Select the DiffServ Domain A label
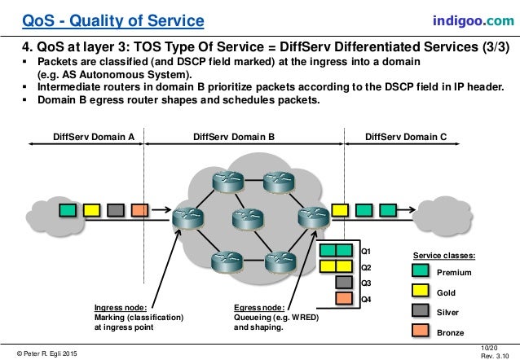coord(93,138)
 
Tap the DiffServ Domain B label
coord(234,138)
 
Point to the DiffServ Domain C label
coord(407,138)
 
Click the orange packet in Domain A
coord(140,210)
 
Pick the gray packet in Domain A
coord(117,210)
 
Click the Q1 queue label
coord(366,252)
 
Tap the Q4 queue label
coord(366,299)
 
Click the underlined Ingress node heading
coord(121,307)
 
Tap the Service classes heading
coord(444,255)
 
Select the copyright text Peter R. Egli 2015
coord(46,352)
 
